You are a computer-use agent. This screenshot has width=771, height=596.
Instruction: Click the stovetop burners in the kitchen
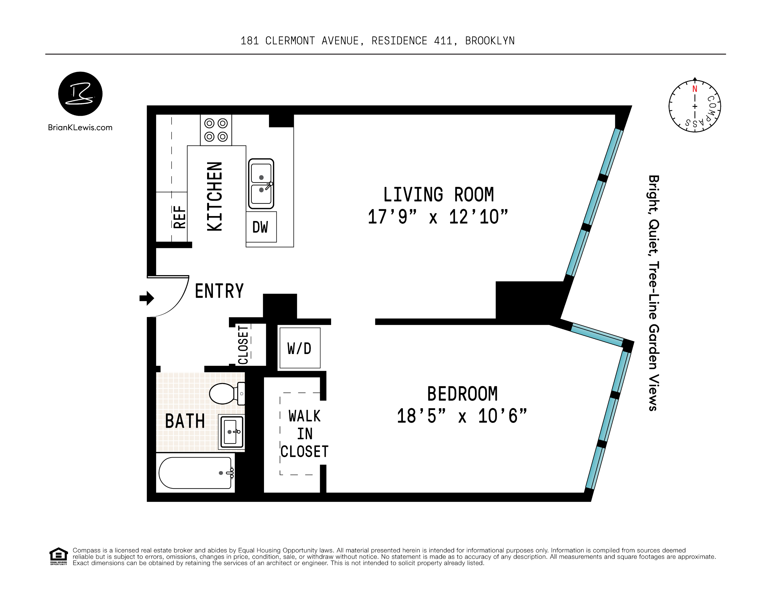[216, 130]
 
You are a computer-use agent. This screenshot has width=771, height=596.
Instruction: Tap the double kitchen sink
[261, 184]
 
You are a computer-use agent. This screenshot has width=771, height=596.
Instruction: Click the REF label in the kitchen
[179, 217]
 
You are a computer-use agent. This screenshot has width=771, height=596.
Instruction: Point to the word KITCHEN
[215, 196]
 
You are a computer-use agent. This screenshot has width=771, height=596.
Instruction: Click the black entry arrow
[147, 298]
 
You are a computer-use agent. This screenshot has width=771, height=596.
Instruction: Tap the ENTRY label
[219, 291]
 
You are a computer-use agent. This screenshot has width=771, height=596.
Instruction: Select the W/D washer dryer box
[299, 348]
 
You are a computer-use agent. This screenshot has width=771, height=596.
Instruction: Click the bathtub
[195, 473]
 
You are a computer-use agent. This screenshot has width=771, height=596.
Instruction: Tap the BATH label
[185, 421]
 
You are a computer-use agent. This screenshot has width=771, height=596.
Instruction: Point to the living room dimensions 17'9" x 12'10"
[438, 217]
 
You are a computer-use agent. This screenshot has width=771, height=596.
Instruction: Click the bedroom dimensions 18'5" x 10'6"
[462, 416]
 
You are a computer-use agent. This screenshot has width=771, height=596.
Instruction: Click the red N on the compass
[695, 89]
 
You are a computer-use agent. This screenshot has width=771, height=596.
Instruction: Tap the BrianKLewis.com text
[80, 128]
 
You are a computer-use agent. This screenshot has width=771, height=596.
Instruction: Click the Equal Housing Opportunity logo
[58, 556]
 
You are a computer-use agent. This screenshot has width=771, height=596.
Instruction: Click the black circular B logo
[80, 94]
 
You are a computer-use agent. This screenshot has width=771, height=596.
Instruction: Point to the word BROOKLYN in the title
[490, 41]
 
